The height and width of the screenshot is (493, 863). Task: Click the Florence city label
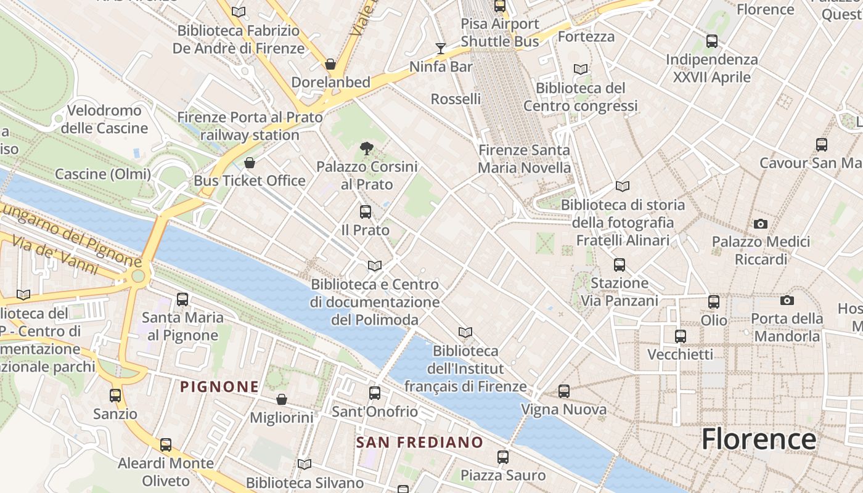(759, 439)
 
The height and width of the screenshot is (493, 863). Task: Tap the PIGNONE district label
(219, 387)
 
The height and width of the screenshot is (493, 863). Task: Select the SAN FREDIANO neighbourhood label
(420, 442)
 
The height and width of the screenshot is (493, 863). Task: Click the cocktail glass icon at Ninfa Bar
(440, 48)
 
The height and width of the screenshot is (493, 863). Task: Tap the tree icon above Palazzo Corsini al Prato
(366, 148)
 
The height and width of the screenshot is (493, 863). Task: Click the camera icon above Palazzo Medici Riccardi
(761, 224)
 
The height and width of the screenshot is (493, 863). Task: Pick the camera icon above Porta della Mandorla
(787, 300)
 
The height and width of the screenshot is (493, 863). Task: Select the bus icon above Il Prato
(366, 212)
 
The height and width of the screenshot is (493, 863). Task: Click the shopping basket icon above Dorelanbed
(330, 64)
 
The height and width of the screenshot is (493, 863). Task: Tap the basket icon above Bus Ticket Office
(250, 163)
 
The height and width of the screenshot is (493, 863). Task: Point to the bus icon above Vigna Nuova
(563, 391)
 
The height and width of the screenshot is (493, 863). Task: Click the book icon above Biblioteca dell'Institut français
(465, 333)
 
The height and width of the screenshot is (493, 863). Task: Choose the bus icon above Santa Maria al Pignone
(182, 299)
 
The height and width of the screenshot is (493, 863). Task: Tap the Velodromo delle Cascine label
(104, 120)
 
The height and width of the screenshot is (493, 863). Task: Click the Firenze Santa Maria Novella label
(525, 158)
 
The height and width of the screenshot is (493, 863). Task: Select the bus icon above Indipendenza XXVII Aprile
(712, 41)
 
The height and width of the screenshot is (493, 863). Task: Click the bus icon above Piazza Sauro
(503, 457)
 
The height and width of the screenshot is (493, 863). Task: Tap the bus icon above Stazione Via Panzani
(620, 265)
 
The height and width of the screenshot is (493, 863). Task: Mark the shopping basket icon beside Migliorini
(282, 399)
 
